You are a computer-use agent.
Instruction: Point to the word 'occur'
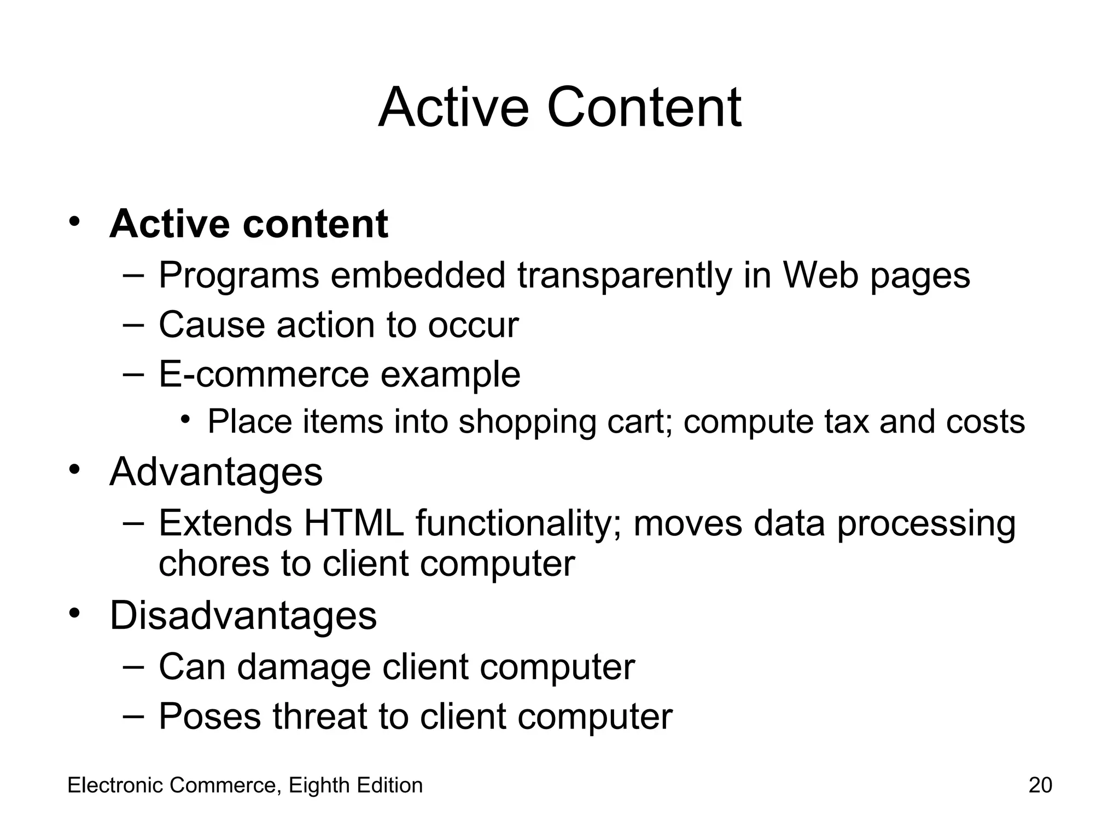(473, 325)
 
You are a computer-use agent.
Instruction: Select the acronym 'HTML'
(354, 523)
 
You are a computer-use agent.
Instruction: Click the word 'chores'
(214, 564)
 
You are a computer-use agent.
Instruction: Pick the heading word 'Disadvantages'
(243, 616)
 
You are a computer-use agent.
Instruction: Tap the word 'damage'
(304, 667)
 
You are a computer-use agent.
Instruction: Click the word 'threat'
(319, 716)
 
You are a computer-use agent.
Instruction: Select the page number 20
(1040, 785)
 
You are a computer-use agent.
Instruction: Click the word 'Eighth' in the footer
(319, 785)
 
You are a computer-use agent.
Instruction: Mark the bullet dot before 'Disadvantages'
(75, 612)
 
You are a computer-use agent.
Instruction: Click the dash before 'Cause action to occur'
(133, 324)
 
